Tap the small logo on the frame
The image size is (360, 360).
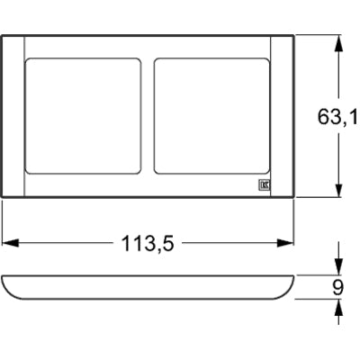(265, 187)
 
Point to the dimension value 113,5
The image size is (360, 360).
(148, 242)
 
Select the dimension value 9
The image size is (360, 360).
(338, 287)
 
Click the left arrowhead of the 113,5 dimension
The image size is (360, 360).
(8, 242)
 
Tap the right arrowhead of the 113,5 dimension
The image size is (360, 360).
(290, 242)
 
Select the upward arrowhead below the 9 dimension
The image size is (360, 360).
(337, 305)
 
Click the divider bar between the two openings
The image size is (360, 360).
(148, 115)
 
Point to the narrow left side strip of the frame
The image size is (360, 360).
(13, 115)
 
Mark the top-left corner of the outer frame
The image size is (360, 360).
(2, 35)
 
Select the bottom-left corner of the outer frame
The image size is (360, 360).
(2, 196)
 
